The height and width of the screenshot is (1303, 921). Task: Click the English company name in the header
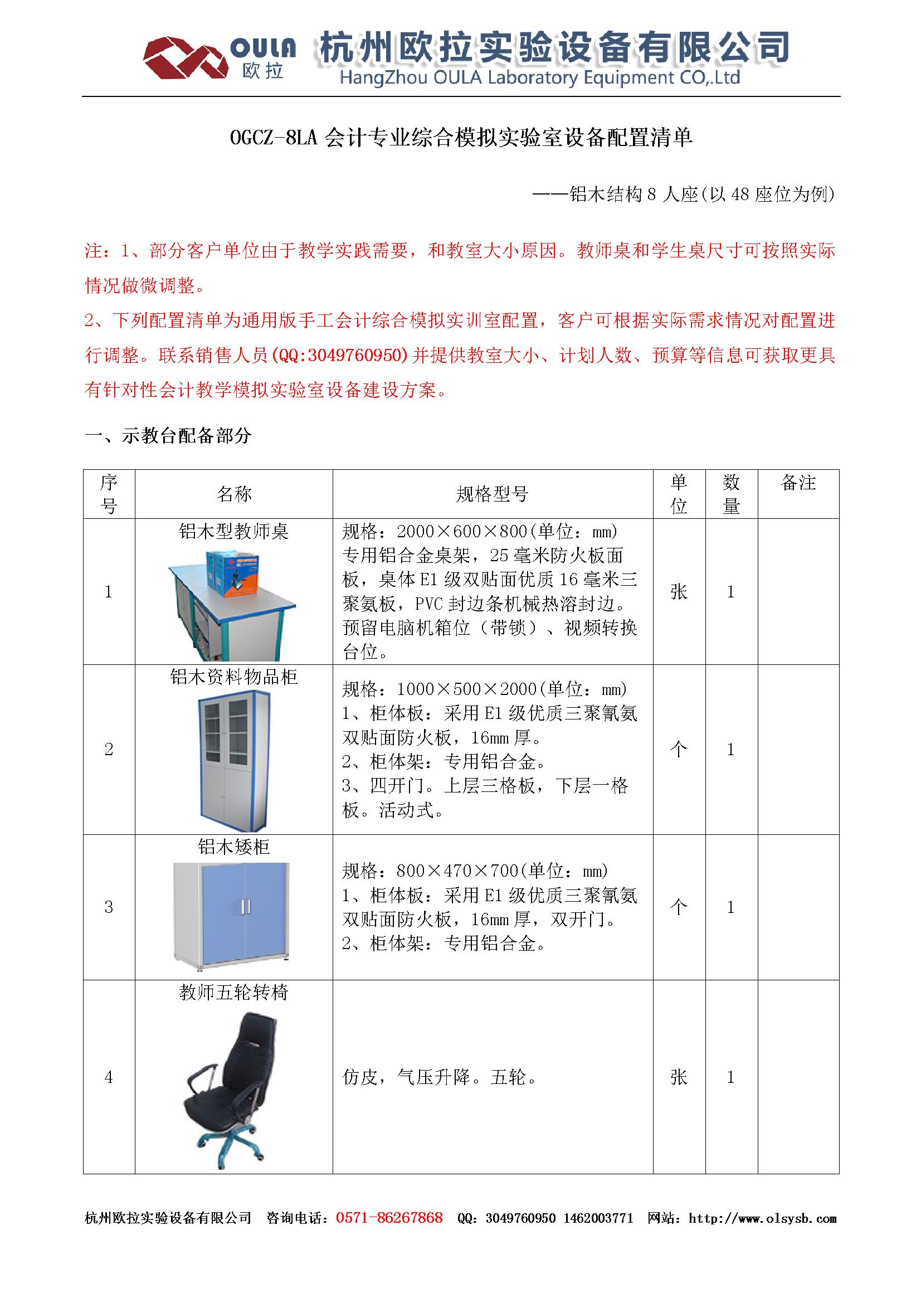(x=540, y=78)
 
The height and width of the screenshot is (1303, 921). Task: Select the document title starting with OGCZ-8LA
(x=461, y=138)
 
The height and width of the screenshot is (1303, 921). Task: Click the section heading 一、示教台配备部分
(x=168, y=436)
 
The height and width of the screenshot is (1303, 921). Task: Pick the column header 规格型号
(x=492, y=494)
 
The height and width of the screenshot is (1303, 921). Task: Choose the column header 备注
(x=798, y=483)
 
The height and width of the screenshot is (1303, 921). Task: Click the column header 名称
(x=233, y=494)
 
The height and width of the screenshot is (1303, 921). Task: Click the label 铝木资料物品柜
(x=233, y=677)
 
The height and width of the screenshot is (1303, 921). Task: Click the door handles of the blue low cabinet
(x=245, y=906)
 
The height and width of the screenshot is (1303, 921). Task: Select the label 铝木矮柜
(x=233, y=847)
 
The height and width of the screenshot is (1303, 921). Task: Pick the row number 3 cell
(x=109, y=907)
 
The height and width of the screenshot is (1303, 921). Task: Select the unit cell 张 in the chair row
(x=679, y=1077)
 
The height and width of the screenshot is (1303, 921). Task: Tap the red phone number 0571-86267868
(x=389, y=1217)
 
